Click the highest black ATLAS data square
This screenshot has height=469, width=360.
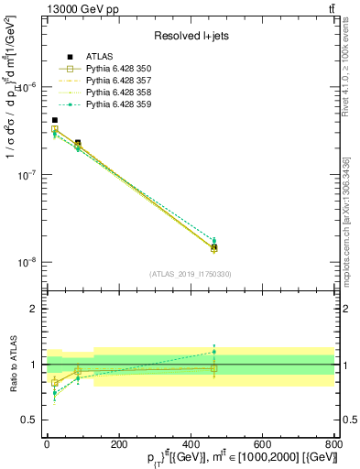point(55,120)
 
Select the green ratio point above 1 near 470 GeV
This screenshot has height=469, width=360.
point(214,351)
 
